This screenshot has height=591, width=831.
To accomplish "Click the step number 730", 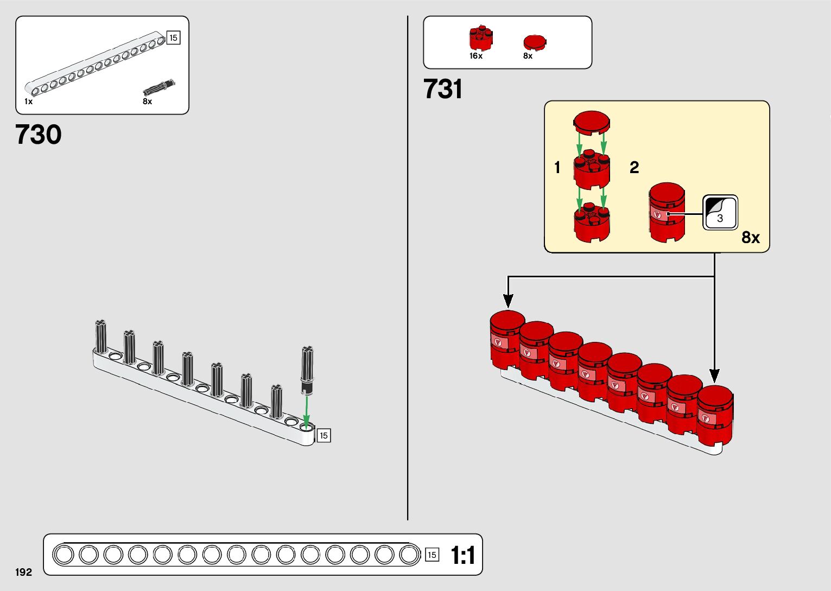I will point(39,135).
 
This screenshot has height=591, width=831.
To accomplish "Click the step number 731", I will point(443,90).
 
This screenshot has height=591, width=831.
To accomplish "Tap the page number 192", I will point(23,572).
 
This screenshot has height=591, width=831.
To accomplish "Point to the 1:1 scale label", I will point(463,555).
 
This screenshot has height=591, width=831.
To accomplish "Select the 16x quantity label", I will point(476,56).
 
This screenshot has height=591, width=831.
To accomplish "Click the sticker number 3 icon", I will point(720,213).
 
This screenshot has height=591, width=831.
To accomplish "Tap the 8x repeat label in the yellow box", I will point(751,238).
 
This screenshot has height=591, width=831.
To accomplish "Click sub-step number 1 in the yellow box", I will point(557,168).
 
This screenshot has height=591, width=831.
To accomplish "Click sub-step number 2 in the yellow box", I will point(634,168).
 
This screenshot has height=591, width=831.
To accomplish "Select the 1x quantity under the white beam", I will point(28,101).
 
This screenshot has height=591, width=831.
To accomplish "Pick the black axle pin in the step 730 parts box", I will point(159,87).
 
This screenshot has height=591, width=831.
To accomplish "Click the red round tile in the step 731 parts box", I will point(535,42).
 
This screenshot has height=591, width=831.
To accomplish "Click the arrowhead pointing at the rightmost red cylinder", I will point(714,376).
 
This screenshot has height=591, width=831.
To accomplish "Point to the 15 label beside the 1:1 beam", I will point(432,555).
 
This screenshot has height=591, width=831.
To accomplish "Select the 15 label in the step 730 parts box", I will point(173,38).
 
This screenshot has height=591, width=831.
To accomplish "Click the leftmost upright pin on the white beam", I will point(101,336).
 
